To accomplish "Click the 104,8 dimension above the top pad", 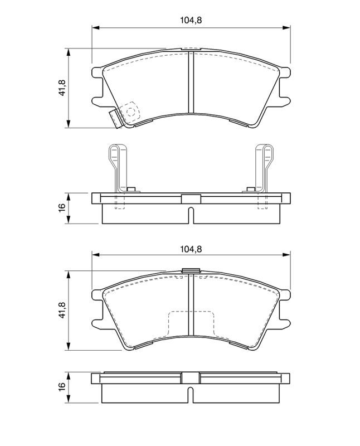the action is pos(191,20).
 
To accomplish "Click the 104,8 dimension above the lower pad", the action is pos(191,249).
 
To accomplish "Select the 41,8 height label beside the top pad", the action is pos(62,88).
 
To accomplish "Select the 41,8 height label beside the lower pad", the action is pos(62,310).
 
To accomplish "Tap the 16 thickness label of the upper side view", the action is pos(62,208).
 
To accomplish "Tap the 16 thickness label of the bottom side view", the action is pos(62,387).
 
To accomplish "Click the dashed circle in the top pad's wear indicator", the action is pos(130,112).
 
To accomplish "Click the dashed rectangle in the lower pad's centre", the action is pos(191,324).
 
